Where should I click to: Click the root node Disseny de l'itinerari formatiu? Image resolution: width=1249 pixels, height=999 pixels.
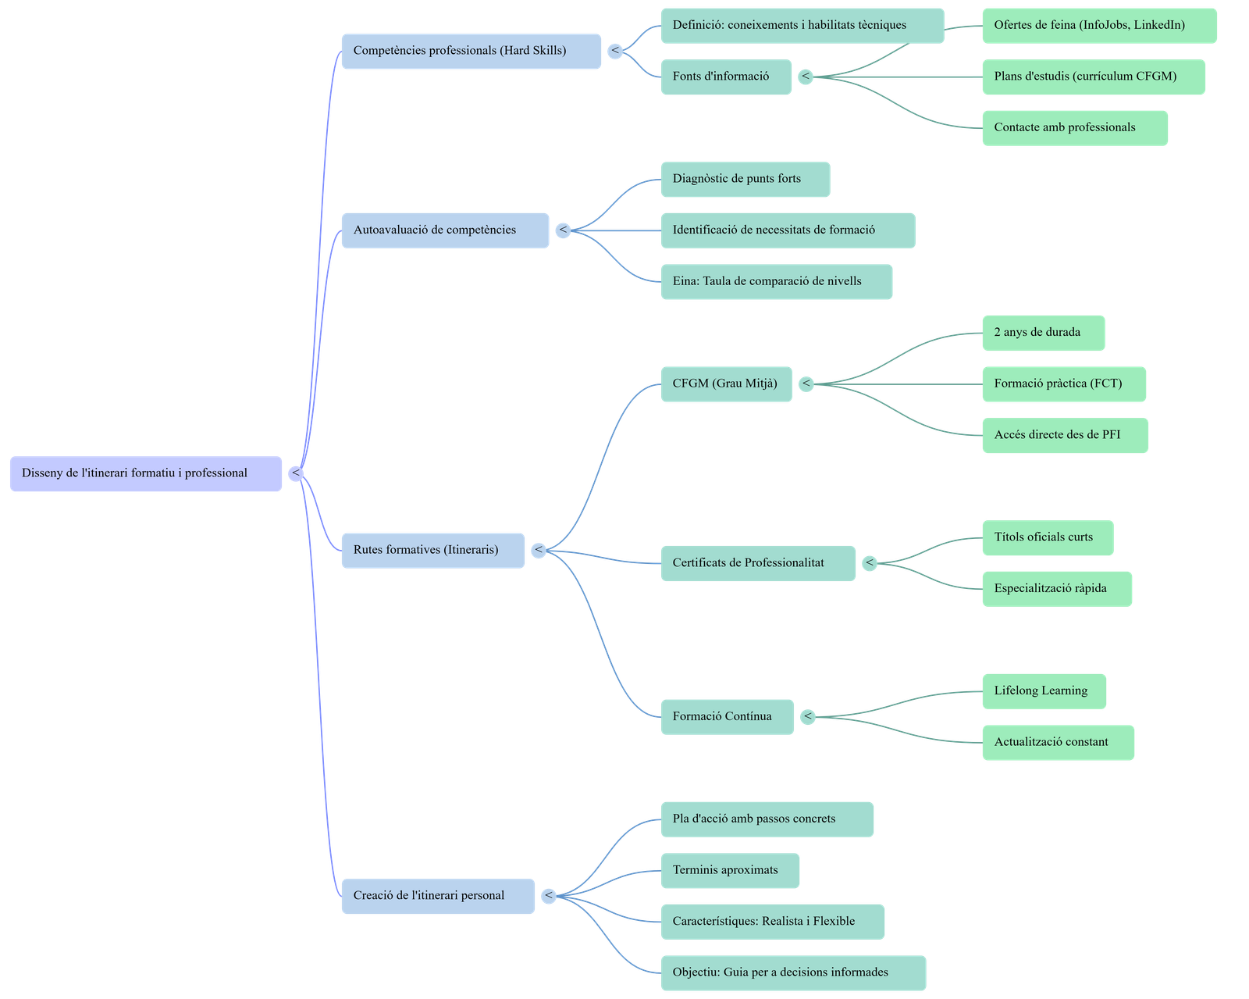coord(145,473)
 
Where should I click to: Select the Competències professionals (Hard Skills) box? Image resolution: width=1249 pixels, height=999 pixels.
coord(471,51)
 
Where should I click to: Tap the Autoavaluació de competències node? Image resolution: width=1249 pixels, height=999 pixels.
coord(445,230)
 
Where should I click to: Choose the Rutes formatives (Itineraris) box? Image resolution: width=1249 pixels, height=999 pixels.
coord(432,550)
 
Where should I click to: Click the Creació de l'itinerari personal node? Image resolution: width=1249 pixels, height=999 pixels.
coord(438,896)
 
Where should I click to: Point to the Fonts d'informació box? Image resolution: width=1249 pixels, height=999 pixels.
coord(725,77)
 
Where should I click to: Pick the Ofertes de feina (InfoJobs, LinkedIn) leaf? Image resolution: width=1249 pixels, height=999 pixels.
coord(1098,26)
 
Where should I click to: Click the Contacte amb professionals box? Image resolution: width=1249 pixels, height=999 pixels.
coord(1074,127)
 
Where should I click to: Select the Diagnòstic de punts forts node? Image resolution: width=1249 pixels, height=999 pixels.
coord(745,179)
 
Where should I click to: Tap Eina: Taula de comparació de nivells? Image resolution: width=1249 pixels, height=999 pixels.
coord(776,281)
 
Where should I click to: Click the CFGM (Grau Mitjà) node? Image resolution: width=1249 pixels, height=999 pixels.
coord(725,384)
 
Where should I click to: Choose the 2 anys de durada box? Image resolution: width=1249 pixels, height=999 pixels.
coord(1043,333)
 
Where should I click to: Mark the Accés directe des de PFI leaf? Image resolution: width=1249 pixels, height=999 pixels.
coord(1064,435)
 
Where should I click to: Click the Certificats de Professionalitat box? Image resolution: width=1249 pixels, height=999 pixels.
coord(757,563)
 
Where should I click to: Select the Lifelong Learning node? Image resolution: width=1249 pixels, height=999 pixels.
coord(1043,691)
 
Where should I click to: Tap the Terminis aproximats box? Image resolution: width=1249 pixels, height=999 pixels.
coord(729,870)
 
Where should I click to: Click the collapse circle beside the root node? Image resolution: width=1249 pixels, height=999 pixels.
coord(295,473)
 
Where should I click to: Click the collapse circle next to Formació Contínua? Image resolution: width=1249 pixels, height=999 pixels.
coord(808,716)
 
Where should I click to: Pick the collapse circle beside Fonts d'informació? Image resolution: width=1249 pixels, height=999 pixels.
coord(806,77)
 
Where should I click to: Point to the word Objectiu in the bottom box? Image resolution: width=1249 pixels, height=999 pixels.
coord(695,972)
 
